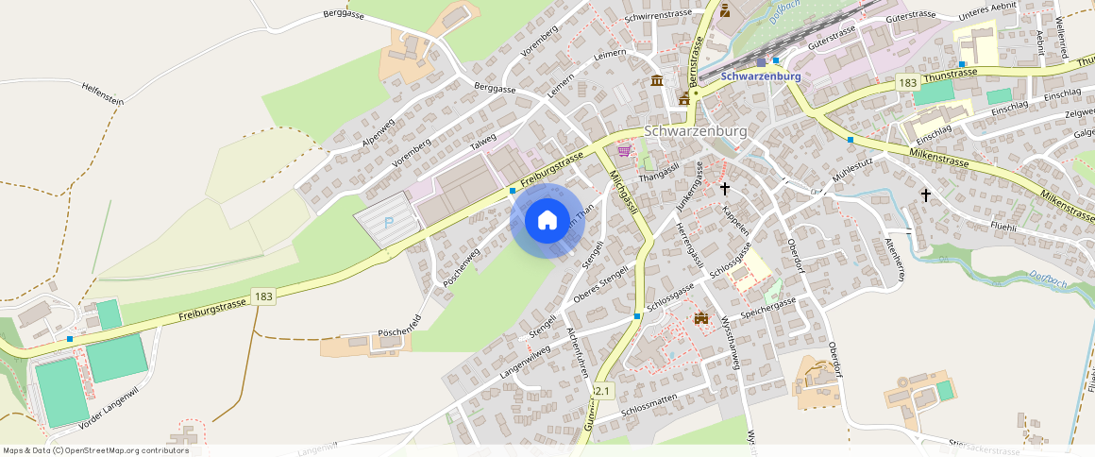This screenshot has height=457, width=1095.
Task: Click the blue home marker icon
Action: [x=547, y=221]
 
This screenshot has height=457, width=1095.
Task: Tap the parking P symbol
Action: [x=388, y=224]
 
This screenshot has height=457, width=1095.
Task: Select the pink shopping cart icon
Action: [x=624, y=150]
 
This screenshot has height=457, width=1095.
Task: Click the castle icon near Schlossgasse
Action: [x=701, y=319]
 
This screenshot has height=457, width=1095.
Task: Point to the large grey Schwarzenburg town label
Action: [x=694, y=132]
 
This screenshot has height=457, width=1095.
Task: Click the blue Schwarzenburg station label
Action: [x=760, y=76]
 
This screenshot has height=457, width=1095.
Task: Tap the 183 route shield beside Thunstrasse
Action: [x=908, y=84]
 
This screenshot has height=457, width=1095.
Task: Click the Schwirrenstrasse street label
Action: [x=659, y=15]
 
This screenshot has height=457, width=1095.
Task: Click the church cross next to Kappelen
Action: [x=724, y=189]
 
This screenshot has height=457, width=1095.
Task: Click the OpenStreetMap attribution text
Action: [x=95, y=450]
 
